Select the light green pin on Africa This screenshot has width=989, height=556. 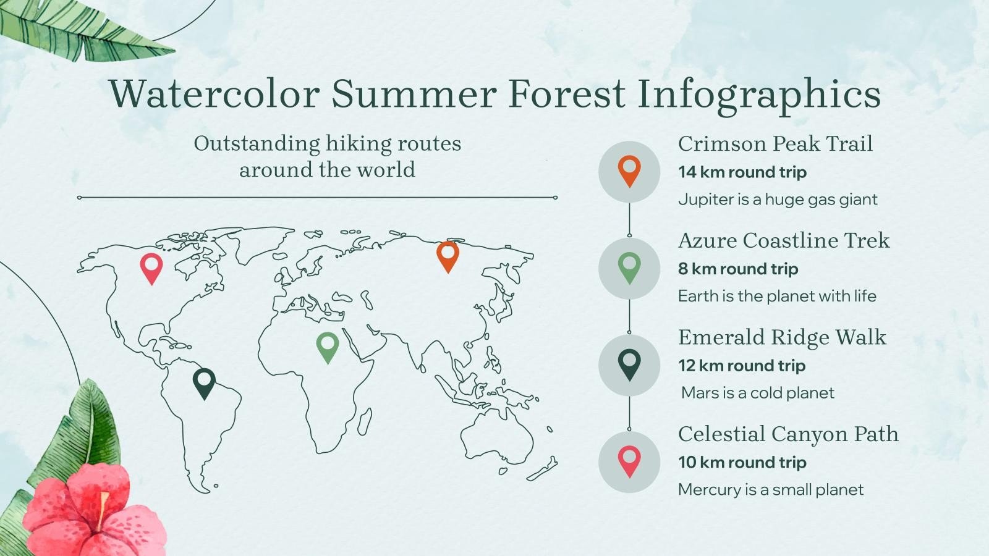coord(328,345)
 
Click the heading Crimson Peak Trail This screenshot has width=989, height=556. coord(775,144)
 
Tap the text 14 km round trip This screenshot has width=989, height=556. coord(742,172)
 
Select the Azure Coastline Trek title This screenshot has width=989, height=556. coord(783,240)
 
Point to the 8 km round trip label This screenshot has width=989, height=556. coord(737,269)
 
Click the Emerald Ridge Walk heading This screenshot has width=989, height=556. coord(782,337)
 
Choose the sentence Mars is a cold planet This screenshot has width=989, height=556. coord(757,393)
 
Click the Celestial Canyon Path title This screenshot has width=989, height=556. coord(788,434)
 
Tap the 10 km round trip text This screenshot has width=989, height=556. coord(742,463)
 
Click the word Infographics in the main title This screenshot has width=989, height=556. coord(758,95)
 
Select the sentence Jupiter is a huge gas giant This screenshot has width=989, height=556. coord(778,200)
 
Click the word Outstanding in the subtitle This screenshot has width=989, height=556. coord(257,144)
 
